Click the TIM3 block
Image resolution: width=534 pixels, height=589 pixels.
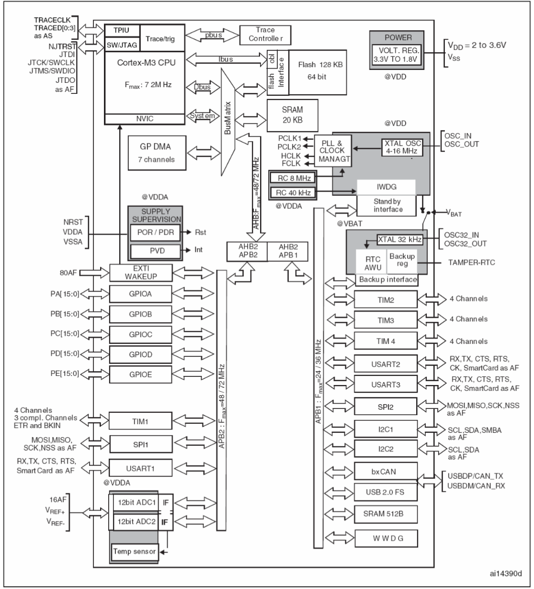pyautogui.click(x=386, y=318)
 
